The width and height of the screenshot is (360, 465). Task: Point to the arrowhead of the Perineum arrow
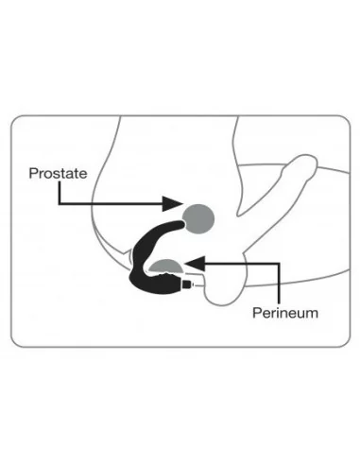(x=188, y=262)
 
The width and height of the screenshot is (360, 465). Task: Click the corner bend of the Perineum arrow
(x=280, y=262)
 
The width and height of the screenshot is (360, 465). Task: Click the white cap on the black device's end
(x=196, y=282)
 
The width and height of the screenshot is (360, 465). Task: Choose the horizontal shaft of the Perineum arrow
(x=236, y=262)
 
